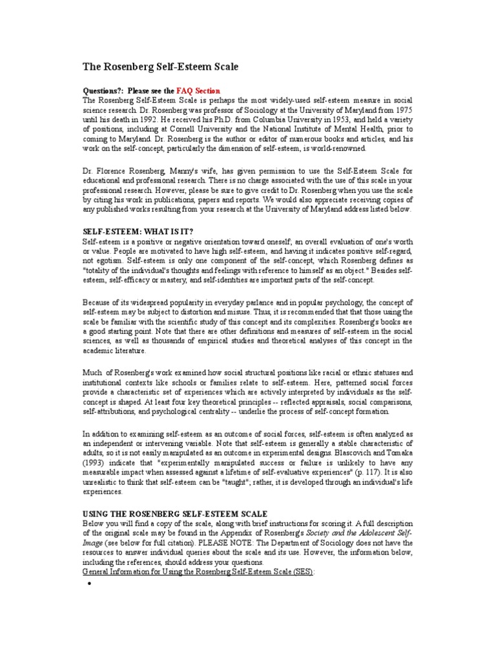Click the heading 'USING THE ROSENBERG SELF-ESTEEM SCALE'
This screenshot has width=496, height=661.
pyautogui.click(x=175, y=513)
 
